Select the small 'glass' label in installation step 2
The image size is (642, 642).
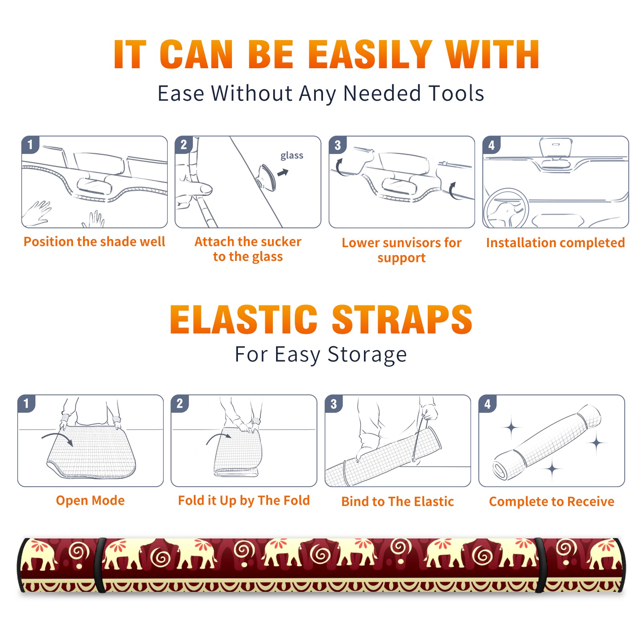pos(292,156)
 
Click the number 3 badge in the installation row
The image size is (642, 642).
pos(337,145)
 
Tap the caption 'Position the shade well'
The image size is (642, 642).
pos(94,242)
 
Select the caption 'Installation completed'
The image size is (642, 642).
pos(555,242)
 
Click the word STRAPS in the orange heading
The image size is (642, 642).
pos(402,319)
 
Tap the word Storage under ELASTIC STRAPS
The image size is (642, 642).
pos(367,355)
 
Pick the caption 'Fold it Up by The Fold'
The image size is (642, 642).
pos(244,500)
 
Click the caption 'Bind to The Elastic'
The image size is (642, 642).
pos(398,502)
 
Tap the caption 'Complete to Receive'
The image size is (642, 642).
pos(552,502)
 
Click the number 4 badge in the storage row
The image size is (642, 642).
pos(488,404)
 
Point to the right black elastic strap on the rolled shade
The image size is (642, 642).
pos(540,565)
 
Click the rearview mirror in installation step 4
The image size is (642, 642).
pos(555,147)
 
